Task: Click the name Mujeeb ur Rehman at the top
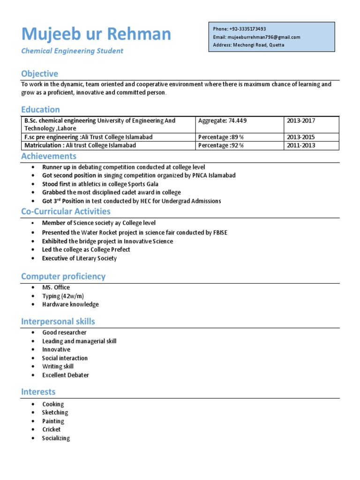click(x=96, y=34)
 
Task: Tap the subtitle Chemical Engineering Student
click(x=72, y=51)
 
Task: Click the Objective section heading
click(x=40, y=74)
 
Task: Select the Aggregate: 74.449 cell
click(x=222, y=121)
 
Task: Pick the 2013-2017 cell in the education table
click(x=301, y=121)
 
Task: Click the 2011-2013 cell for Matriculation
click(x=301, y=145)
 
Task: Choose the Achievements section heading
click(x=49, y=156)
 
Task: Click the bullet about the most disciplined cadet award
click(x=111, y=192)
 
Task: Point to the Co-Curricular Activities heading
click(x=66, y=211)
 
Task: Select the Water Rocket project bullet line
click(x=135, y=232)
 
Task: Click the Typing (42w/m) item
click(x=63, y=296)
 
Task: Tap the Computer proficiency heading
click(x=63, y=276)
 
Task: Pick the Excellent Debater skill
click(x=66, y=375)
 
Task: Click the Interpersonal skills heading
click(x=58, y=321)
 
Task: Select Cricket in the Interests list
click(x=52, y=429)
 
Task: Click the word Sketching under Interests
click(x=55, y=412)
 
